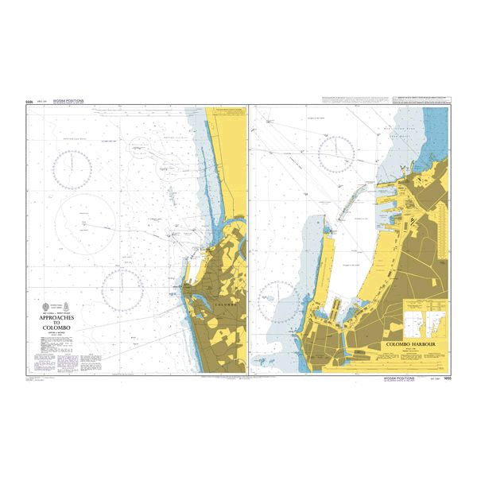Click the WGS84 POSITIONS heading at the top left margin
(65, 102)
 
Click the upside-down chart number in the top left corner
(29, 102)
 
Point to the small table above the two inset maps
(421, 304)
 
